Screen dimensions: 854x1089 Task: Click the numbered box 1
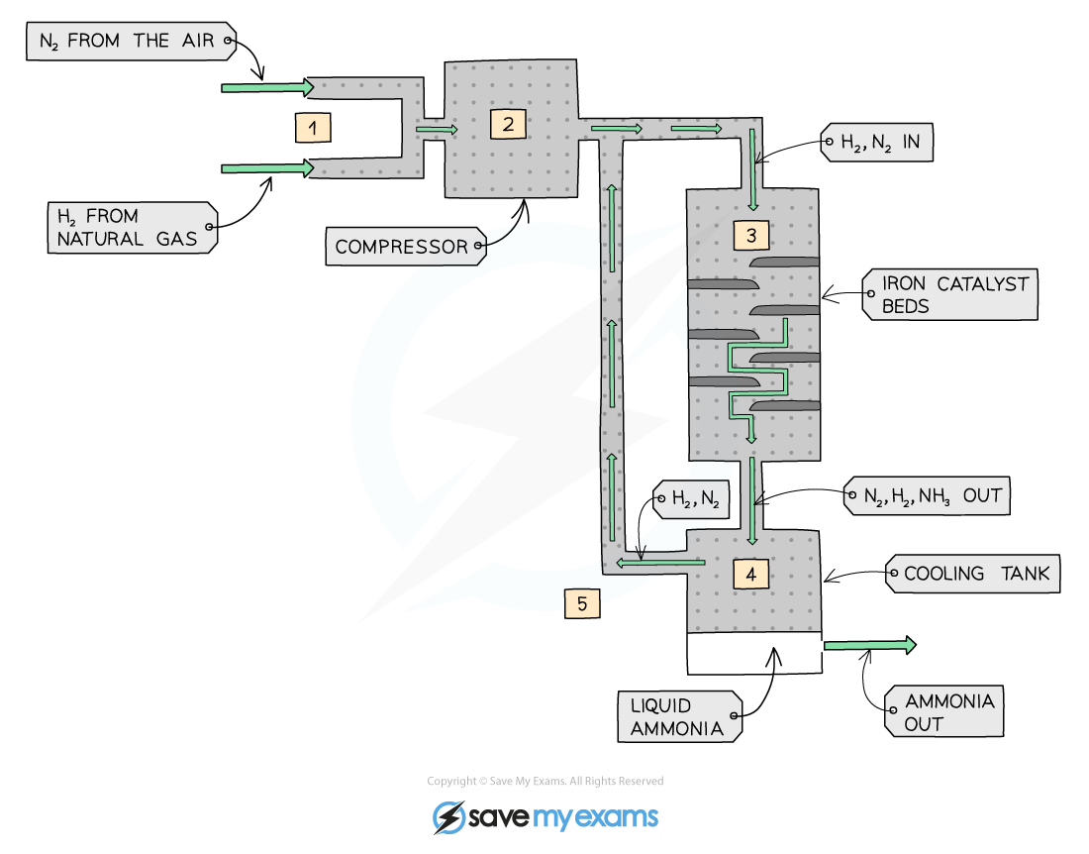(313, 128)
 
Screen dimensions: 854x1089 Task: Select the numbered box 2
(508, 124)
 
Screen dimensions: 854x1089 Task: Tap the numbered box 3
(751, 236)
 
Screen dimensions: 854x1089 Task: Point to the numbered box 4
(751, 574)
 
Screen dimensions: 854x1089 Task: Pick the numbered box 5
(582, 602)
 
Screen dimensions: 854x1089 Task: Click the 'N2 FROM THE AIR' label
(131, 42)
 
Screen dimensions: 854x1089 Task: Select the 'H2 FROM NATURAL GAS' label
(131, 227)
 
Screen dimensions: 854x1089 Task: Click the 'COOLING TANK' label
(973, 574)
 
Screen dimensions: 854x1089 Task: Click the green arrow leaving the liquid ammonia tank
(869, 645)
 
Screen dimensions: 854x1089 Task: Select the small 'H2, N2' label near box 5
(692, 500)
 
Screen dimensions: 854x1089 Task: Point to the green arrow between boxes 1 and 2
(437, 129)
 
